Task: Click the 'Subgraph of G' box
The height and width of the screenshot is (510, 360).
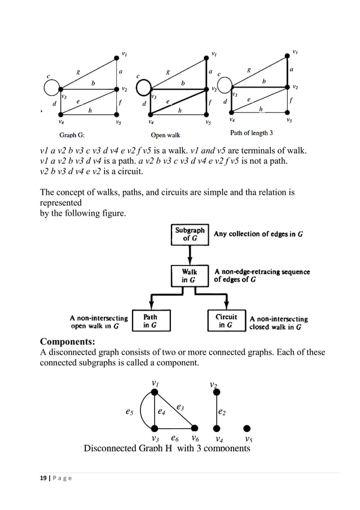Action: point(190,234)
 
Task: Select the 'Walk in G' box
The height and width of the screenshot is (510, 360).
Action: point(189,276)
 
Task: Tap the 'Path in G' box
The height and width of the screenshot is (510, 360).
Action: point(150,321)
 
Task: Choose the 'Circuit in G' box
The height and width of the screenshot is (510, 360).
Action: point(227,321)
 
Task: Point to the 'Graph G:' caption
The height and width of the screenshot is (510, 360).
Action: point(72,135)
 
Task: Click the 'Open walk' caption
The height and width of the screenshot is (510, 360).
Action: point(165,136)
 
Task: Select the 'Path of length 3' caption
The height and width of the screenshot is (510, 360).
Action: point(252,134)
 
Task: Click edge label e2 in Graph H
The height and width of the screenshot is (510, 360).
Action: point(222,412)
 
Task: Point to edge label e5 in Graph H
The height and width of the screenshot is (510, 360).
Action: point(129,412)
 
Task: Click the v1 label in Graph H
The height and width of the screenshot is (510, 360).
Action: point(154,383)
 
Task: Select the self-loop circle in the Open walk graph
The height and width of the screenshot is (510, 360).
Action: point(144,88)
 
